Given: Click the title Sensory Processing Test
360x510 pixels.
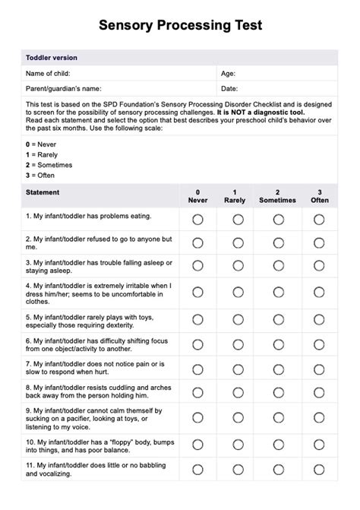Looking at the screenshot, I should [180, 25].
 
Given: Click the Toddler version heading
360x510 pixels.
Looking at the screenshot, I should [52, 58].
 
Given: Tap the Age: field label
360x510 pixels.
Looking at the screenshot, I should [228, 74].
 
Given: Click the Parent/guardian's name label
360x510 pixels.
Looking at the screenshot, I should [64, 89].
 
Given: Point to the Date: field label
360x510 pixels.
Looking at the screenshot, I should [229, 89].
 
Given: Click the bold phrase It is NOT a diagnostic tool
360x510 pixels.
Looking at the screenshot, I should [262, 112].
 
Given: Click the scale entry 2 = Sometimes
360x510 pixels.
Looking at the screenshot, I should [50, 164].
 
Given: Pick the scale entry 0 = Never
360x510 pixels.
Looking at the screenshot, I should [42, 143].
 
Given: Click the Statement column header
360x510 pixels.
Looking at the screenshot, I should [43, 193].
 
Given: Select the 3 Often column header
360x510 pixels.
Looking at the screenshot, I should [320, 197].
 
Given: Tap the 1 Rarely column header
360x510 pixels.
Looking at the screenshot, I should [235, 197].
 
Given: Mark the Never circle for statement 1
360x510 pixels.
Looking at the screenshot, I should [197, 220].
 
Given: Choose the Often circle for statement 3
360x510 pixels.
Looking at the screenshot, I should [320, 265].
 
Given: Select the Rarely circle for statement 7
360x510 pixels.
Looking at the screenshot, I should [238, 369].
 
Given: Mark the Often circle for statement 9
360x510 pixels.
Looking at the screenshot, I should [320, 417].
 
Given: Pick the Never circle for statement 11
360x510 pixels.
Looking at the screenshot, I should [197, 469].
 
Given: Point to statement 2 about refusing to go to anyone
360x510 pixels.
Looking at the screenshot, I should [99, 242].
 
